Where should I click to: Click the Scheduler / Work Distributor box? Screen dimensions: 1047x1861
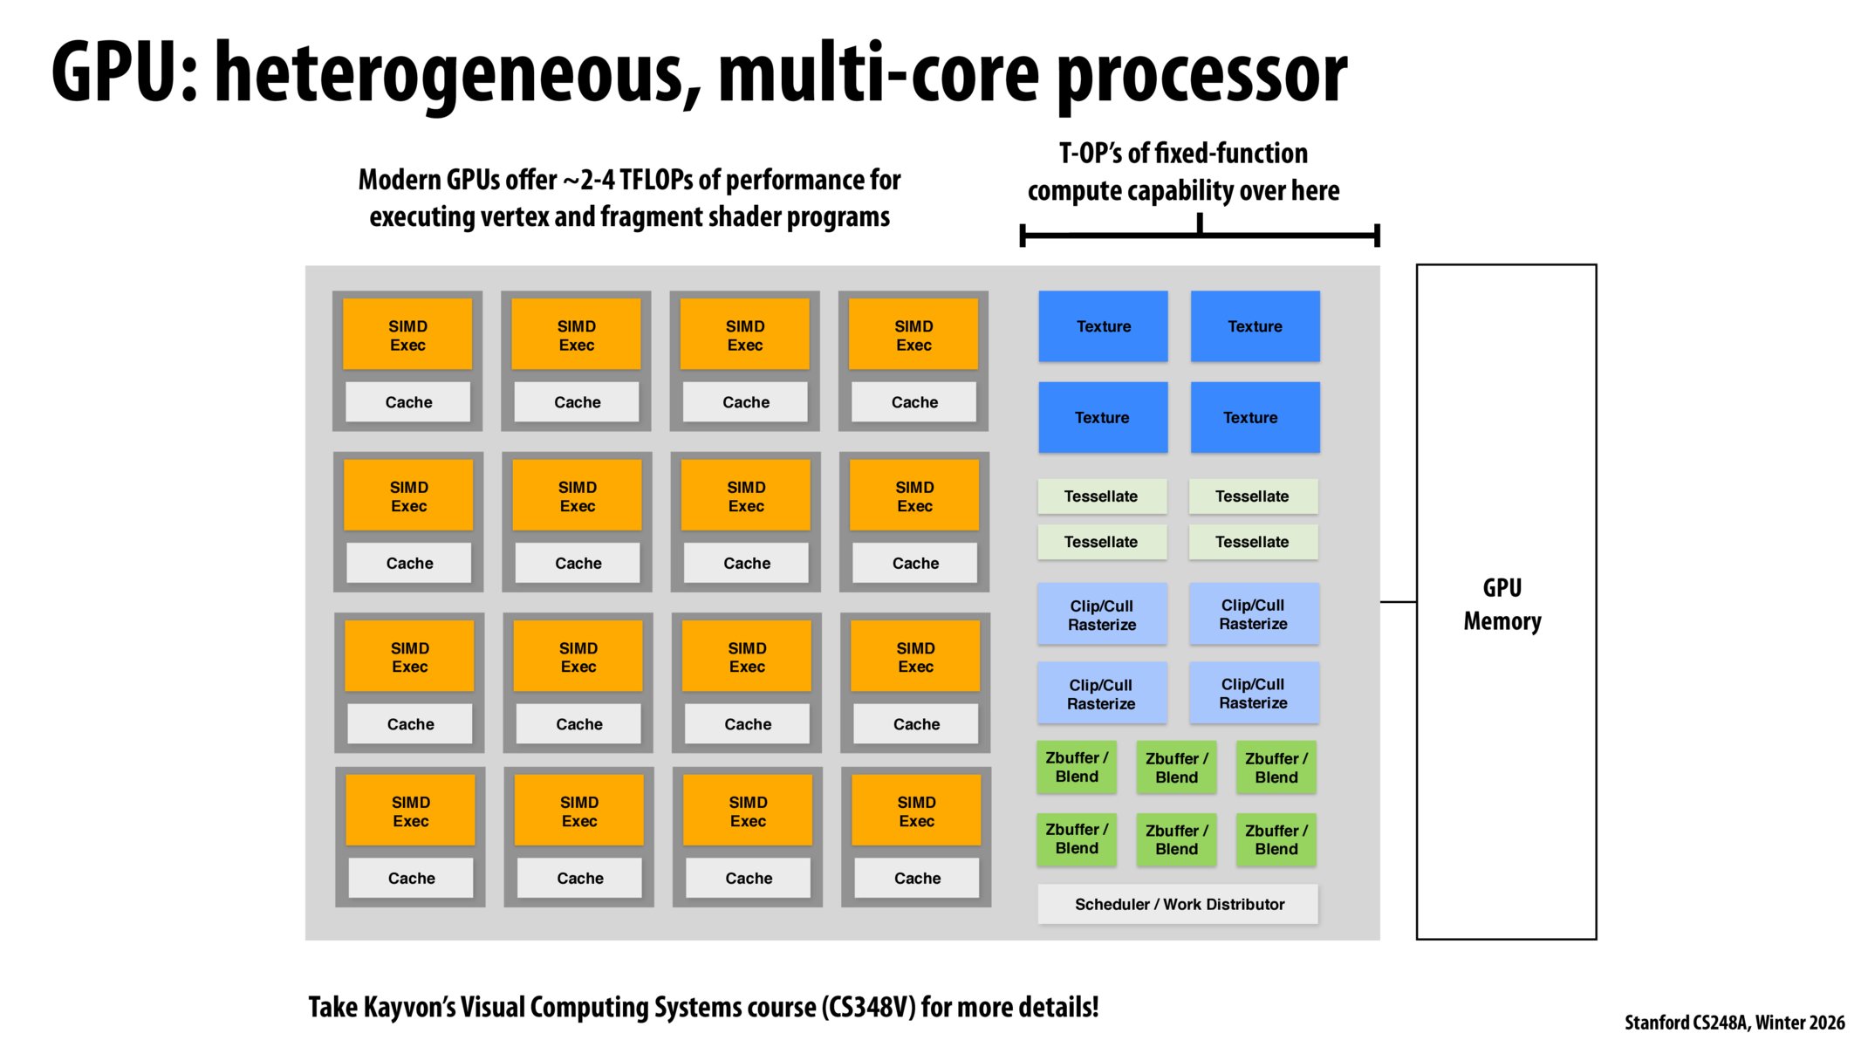[x=1177, y=904]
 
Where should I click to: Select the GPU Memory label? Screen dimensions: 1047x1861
[x=1502, y=604]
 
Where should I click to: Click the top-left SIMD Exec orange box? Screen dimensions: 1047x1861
[x=407, y=335]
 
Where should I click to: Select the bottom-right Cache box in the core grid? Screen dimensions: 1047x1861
[x=916, y=878]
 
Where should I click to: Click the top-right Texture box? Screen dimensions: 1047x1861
[x=1255, y=326]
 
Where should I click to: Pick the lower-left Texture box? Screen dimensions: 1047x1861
[x=1102, y=417]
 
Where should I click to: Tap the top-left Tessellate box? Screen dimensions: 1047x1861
[x=1101, y=496]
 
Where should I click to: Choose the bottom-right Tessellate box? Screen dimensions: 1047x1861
[x=1252, y=542]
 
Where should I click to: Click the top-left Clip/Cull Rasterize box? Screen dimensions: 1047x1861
[x=1101, y=614]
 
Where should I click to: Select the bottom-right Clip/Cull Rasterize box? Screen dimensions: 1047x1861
[x=1253, y=693]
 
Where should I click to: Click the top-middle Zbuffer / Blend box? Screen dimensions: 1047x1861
[x=1176, y=768]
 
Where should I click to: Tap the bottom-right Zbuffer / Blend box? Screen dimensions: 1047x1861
[x=1276, y=839]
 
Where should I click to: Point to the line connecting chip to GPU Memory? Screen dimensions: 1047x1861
[x=1398, y=601]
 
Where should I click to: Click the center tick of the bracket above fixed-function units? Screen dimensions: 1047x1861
[x=1200, y=223]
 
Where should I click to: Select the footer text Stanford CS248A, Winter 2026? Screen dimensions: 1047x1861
[x=1734, y=1022]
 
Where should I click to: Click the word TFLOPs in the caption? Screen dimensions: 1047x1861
[x=656, y=180]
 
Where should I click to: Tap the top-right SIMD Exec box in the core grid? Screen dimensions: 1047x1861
[x=913, y=335]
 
